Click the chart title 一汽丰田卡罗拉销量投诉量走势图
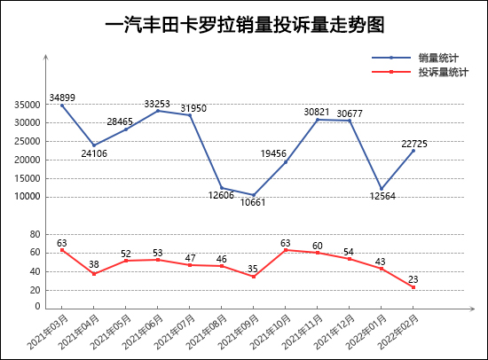pos(245,25)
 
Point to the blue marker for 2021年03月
pos(62,106)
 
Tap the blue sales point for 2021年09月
pos(254,195)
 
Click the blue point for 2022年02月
pos(413,151)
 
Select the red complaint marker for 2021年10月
pos(286,250)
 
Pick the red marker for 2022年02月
pos(413,287)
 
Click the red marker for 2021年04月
pos(94,274)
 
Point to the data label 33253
pos(157,104)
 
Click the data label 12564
pos(382,196)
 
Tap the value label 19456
pos(273,153)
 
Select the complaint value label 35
pos(253,269)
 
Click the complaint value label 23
pos(413,279)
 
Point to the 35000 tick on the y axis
pos(28,105)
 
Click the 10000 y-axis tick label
pos(28,197)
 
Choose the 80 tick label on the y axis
pos(35,234)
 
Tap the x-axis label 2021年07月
pos(175,332)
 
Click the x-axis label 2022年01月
pos(366,332)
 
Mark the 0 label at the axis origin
pos(37,306)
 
